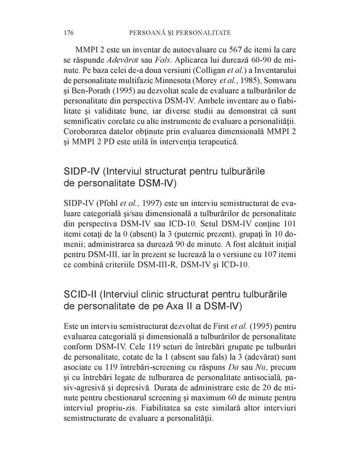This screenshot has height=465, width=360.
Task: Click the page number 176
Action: click(69, 33)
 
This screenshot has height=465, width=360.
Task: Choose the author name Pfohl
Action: click(107, 204)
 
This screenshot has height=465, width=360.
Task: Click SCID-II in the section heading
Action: click(80, 294)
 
